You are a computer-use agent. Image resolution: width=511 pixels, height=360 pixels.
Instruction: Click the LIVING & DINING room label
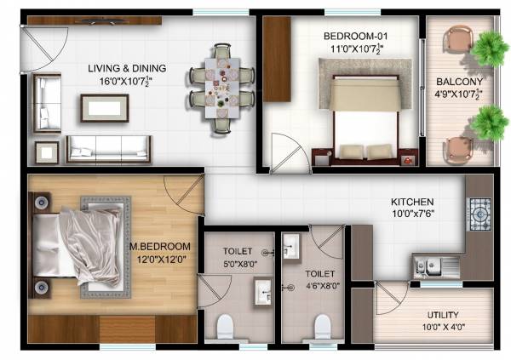point(127,68)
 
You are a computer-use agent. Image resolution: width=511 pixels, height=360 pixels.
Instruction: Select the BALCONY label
point(460,83)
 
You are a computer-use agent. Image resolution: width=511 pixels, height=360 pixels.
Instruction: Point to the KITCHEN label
point(412,202)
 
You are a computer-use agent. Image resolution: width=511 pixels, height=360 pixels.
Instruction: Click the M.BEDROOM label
point(159,247)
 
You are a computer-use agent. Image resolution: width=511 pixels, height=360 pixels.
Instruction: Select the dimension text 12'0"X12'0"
point(159,260)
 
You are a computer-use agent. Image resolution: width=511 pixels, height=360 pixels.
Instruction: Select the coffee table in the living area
point(105,108)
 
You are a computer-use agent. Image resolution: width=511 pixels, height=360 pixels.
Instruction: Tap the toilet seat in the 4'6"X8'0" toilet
point(322,325)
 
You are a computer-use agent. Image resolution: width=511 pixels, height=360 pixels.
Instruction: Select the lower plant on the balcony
point(489,124)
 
